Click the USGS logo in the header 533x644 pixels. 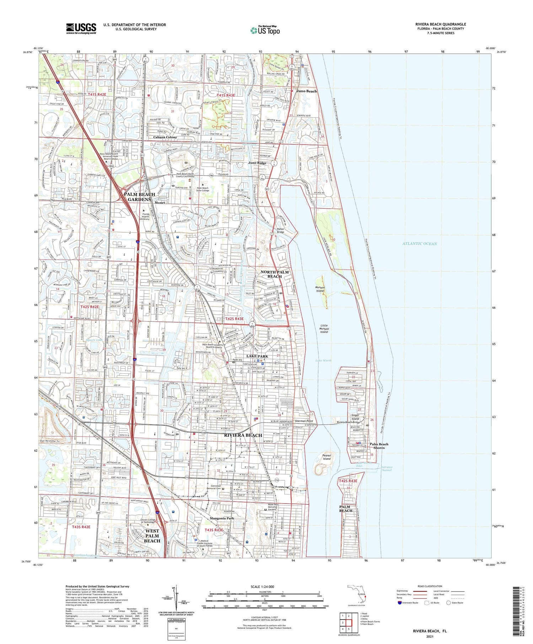click(81, 28)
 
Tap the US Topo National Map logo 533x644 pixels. click(265, 30)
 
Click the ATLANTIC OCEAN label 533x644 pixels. click(419, 244)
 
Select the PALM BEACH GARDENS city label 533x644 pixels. click(139, 197)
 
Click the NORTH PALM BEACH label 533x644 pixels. click(275, 274)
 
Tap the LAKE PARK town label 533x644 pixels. click(257, 356)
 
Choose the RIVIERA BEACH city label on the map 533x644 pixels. click(243, 435)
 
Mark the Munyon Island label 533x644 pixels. click(320, 289)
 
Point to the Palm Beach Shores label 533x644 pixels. click(379, 446)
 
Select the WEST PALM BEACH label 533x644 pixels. click(152, 536)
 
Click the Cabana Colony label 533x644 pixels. click(165, 137)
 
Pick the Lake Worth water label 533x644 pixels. click(323, 360)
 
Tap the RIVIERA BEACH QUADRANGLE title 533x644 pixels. click(440, 24)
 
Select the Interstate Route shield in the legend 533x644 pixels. click(399, 603)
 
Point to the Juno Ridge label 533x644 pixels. click(257, 163)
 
